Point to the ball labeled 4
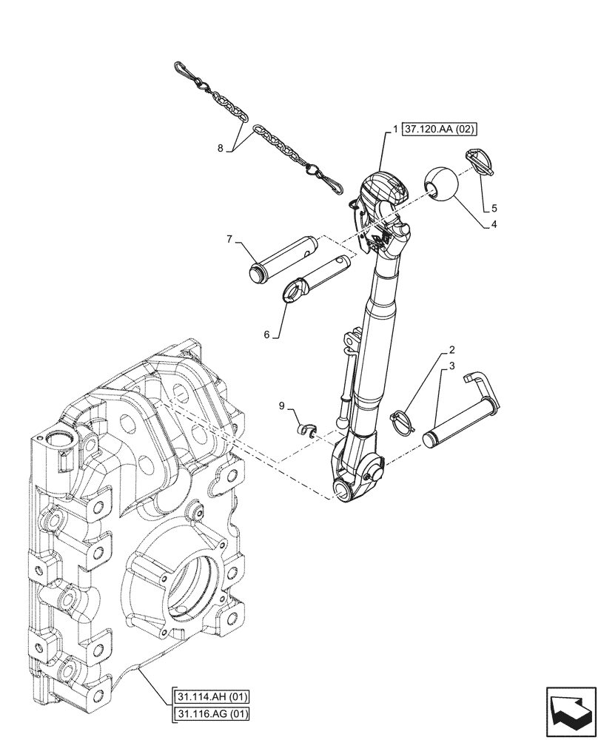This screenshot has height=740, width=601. point(440,185)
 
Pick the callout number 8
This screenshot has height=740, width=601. point(221,148)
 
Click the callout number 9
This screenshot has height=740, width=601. point(281,406)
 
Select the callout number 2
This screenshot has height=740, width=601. point(451,349)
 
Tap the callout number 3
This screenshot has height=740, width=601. point(451,366)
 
